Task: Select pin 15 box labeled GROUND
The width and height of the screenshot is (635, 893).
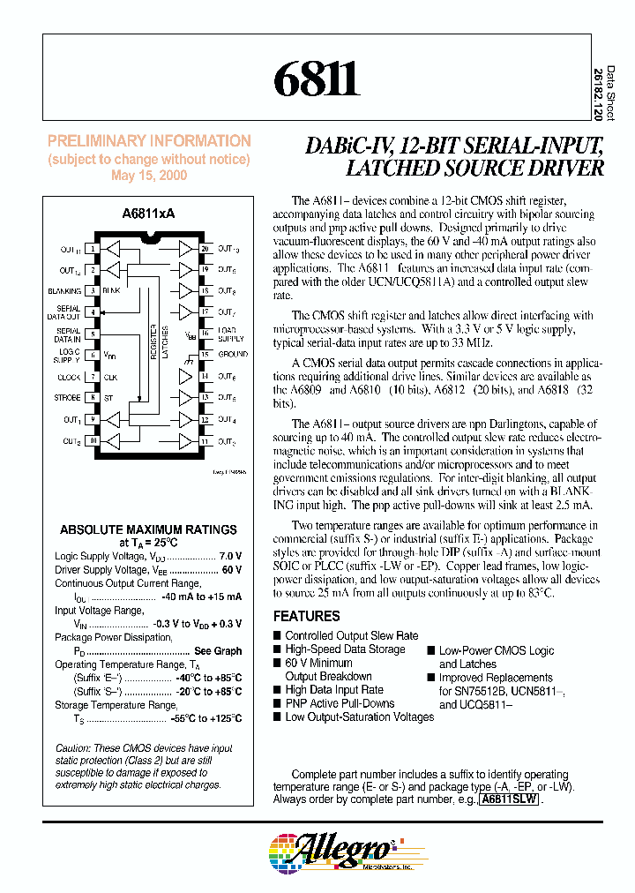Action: pos(205,355)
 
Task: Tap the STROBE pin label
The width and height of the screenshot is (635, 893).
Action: pos(67,398)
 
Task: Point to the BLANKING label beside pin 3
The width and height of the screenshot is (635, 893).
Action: pos(64,291)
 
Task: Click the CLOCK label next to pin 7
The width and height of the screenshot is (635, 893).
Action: pos(69,377)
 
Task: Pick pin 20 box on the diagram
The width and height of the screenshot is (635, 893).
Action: pos(205,250)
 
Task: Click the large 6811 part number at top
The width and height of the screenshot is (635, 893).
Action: pos(315,81)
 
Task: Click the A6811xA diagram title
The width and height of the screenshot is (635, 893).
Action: pos(148,214)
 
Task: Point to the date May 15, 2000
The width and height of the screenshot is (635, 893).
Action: pos(148,175)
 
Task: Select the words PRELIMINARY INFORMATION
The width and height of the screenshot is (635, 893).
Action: pos(149,141)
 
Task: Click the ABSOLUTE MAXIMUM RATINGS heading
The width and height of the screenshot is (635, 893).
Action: pos(148,529)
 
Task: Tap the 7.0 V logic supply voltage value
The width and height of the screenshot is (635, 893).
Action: pos(230,557)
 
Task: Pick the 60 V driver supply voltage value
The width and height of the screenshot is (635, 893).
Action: pos(232,570)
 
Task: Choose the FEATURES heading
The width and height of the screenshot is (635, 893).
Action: pos(306,616)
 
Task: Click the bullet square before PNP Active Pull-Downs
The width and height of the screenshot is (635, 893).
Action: pos(277,703)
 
